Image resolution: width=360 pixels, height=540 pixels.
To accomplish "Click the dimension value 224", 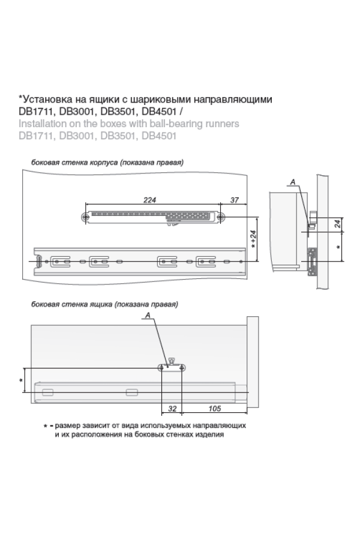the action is pos(149,200).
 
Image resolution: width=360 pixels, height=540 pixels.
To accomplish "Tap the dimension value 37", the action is pos(234,200).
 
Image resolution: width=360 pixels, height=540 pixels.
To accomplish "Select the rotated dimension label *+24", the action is pos(253,239).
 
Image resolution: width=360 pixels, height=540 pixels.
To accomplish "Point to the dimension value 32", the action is pos(172,409).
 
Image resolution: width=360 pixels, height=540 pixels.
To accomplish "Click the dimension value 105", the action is pos(214,409).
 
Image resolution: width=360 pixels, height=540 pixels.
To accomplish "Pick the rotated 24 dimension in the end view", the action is pos(338,224).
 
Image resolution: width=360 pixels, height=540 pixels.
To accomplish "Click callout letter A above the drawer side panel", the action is pos(148,315).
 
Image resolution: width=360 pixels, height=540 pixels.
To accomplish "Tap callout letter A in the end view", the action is pos(293,182).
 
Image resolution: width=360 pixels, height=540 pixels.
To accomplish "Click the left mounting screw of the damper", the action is pos(85,217).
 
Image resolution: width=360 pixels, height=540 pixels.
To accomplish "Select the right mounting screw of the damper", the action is pos(221,217).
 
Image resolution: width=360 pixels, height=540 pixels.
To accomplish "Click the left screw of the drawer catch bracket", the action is pos(161,368).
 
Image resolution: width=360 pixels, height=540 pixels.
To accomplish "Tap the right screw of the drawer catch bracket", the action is pos(182,368).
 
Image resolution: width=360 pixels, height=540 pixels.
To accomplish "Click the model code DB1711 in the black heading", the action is pos(36,112).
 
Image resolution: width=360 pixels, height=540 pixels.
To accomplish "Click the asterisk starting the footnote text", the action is pos(45,427).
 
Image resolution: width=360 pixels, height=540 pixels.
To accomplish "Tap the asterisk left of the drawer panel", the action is pos(21,380).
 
